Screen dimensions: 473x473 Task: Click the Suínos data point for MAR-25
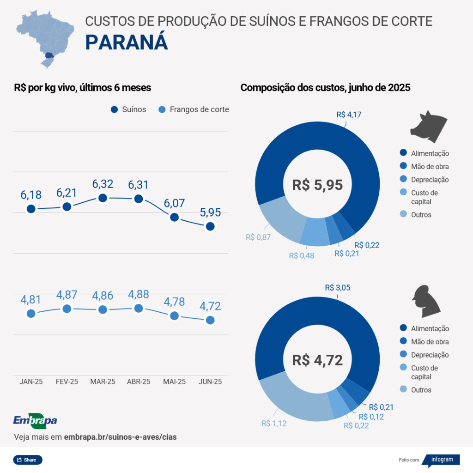click(x=103, y=198)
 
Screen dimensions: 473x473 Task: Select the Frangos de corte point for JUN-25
click(x=210, y=320)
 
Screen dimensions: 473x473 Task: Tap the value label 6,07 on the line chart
click(x=174, y=202)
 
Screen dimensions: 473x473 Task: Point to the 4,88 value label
click(x=139, y=294)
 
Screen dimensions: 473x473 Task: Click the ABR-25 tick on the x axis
click(x=139, y=382)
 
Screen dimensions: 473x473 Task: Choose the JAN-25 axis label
click(x=31, y=382)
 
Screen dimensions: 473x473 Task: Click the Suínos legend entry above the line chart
click(x=128, y=109)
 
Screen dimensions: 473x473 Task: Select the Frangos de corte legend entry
click(x=194, y=109)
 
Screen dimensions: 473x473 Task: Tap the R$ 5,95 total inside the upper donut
click(x=317, y=185)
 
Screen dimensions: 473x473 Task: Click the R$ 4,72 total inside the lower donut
click(x=317, y=360)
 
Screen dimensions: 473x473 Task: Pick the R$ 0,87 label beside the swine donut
click(x=258, y=237)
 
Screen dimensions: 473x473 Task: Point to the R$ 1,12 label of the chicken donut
click(x=274, y=423)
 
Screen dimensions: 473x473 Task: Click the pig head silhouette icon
click(x=429, y=124)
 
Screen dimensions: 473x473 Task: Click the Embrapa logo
click(x=35, y=420)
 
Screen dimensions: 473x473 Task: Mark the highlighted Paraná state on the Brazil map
click(x=49, y=56)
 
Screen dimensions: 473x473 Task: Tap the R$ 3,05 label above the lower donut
click(x=337, y=287)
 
